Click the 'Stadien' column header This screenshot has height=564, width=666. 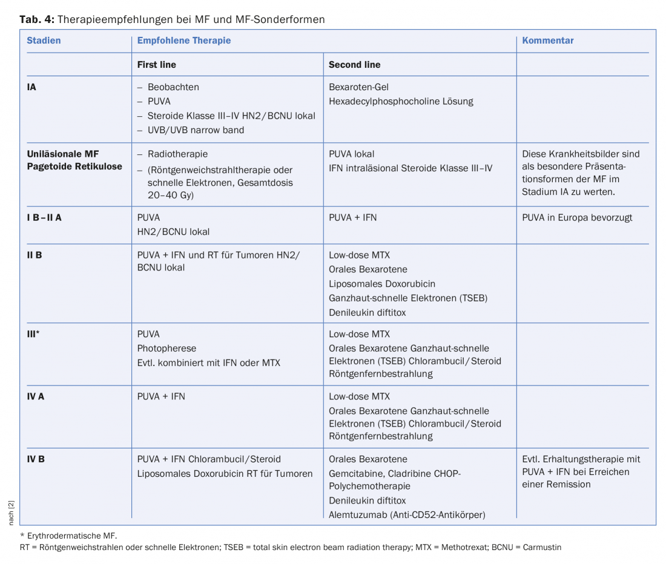tap(44, 41)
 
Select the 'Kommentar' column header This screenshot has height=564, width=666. tap(548, 41)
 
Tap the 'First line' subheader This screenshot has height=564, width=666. tap(157, 64)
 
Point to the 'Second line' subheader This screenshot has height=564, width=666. tap(354, 64)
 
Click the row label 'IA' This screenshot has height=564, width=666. tap(31, 87)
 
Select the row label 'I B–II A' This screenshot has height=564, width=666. tap(44, 217)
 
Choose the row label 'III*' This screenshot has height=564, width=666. tap(33, 334)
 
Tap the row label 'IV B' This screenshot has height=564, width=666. tap(36, 459)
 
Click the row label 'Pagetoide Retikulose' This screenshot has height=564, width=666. tap(74, 166)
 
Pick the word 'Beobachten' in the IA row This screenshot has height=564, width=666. tap(173, 87)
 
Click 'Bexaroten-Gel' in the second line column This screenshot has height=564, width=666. tap(358, 87)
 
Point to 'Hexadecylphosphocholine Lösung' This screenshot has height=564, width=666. tap(401, 102)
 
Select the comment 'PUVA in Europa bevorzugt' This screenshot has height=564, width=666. tap(577, 217)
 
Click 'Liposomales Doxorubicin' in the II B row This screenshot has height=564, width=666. tap(382, 284)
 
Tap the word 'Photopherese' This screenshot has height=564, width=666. tap(166, 349)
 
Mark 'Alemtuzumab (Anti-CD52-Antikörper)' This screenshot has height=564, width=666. tap(407, 515)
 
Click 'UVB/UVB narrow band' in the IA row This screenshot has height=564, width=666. tap(196, 130)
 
